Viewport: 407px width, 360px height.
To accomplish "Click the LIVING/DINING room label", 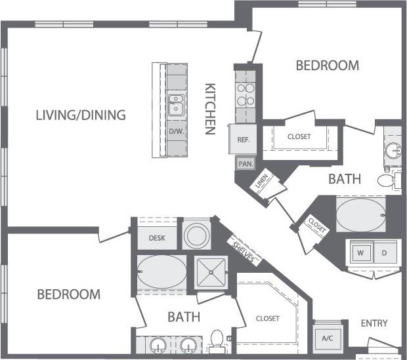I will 80,116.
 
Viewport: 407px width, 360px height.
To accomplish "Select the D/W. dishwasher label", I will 176,131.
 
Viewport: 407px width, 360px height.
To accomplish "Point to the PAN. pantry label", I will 245,164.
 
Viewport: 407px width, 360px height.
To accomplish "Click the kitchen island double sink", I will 176,105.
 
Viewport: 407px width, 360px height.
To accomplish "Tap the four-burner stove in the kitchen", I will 245,94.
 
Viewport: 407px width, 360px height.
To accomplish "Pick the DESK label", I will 156,239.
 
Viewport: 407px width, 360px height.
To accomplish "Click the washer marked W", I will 360,252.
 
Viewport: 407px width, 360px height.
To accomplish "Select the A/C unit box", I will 327,338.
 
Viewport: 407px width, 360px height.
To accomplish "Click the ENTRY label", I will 374,323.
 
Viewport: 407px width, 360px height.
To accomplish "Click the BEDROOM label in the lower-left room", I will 68,294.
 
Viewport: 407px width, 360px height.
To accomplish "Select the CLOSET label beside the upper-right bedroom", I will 299,137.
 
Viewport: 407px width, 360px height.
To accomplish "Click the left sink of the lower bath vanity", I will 158,345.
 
